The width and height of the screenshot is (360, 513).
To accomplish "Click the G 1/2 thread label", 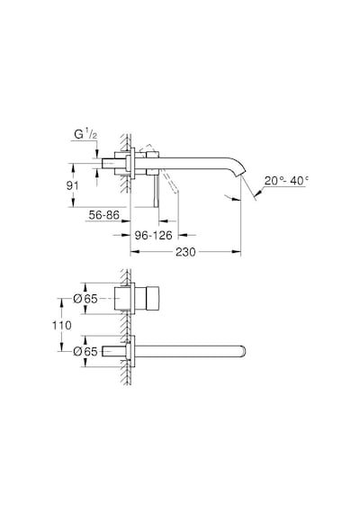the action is [x=85, y=134].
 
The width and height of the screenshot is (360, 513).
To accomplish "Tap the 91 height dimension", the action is [x=72, y=185].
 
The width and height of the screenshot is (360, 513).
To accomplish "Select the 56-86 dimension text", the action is [x=104, y=215].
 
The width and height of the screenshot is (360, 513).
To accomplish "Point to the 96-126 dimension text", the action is [x=154, y=235].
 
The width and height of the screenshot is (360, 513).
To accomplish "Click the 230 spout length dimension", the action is [x=185, y=252].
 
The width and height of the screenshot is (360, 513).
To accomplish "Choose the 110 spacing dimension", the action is [x=62, y=325].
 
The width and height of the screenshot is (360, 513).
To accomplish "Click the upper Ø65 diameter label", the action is [x=85, y=299].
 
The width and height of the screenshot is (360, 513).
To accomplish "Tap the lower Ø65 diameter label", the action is [x=85, y=351].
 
